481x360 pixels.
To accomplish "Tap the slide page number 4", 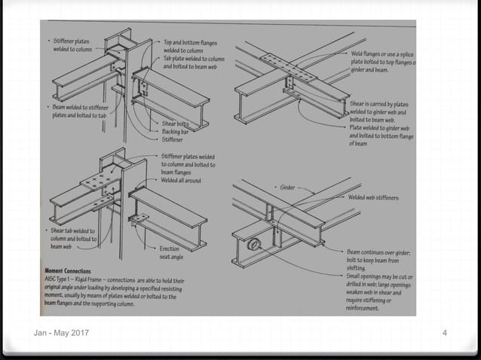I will coord(445,333).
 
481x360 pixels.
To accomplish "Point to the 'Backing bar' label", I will coord(175,131).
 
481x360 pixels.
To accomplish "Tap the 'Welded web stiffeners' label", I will coord(374,197).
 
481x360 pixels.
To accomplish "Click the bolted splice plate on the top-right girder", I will coord(286,67).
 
